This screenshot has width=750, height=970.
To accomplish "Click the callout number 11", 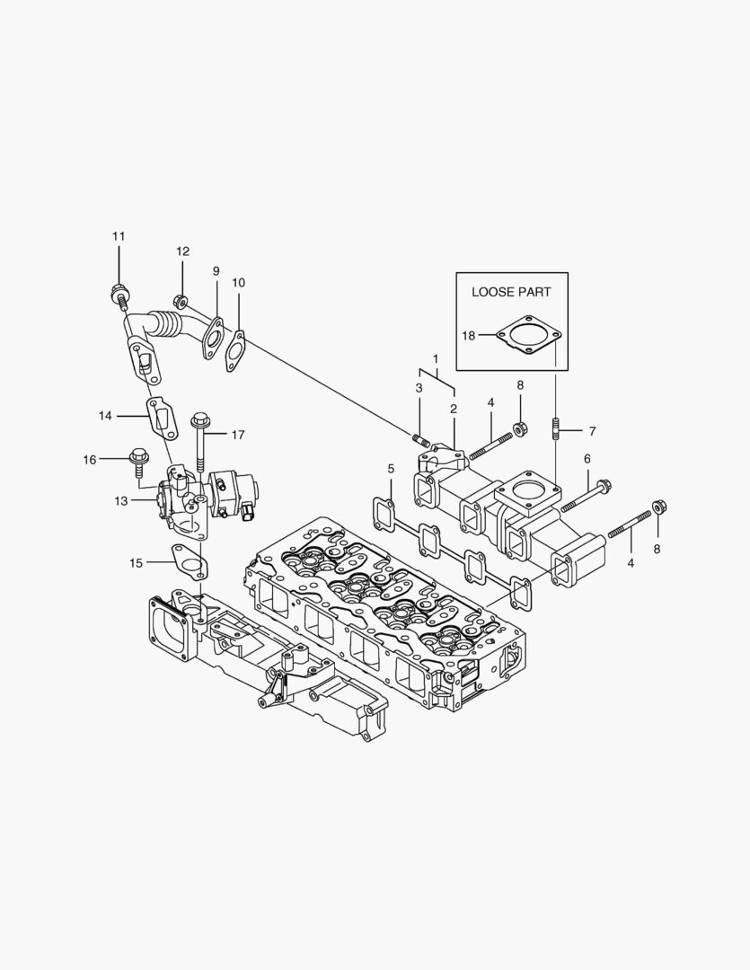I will [119, 236].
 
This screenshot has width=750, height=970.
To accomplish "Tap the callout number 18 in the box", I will [469, 335].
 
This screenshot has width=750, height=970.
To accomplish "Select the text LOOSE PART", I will [511, 292].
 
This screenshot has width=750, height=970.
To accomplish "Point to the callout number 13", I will [121, 501].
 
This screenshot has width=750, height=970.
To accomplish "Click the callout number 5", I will [391, 469].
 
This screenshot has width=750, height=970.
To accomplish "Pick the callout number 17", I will [237, 435].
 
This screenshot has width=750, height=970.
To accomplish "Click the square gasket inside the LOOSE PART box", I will [528, 335].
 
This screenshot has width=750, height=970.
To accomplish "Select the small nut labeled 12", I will [180, 301].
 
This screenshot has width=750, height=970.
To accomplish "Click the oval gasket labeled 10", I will [236, 348].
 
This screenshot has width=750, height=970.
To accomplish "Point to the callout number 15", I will [136, 563].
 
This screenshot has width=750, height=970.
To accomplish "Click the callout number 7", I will [591, 430].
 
